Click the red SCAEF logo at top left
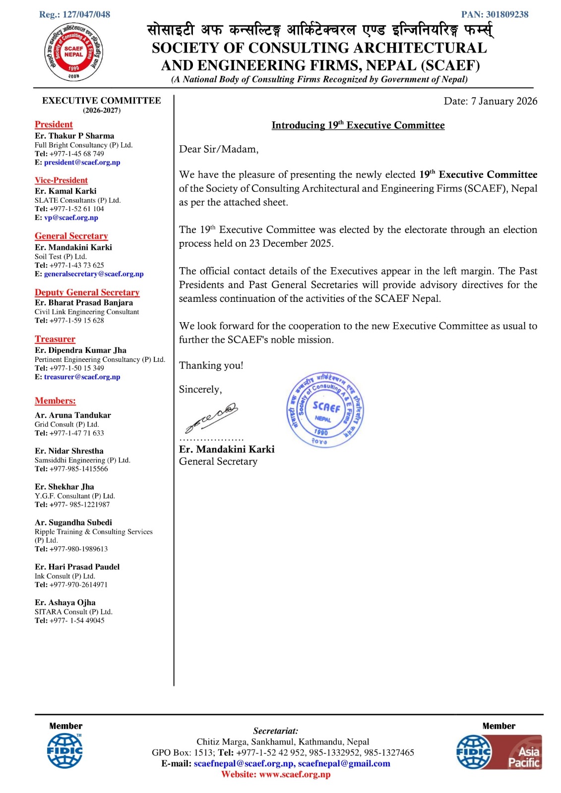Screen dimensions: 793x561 pos(73,53)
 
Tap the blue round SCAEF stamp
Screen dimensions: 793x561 pos(325,410)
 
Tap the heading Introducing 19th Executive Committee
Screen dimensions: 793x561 pos(358,125)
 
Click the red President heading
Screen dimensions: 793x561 pos(54,124)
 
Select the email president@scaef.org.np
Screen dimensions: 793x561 pos(82,163)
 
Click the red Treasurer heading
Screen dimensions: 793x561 pos(55,339)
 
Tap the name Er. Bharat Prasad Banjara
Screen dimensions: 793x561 pos(84,302)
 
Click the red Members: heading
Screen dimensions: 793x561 pos(55,401)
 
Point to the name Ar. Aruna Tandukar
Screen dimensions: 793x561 pos(73,415)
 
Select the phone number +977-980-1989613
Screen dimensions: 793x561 pos(78,549)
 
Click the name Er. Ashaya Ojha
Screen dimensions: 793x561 pos(65,603)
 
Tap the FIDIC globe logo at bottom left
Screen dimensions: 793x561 pos(64,751)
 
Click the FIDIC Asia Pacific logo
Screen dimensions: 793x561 pos(499,752)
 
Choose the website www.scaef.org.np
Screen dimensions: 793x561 pos(295,774)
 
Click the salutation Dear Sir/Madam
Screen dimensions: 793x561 pos(219,149)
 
